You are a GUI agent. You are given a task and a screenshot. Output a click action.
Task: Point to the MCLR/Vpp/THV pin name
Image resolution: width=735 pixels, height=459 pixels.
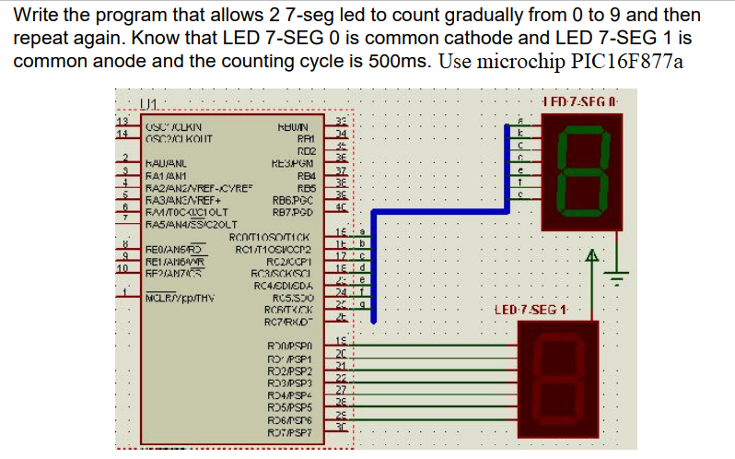click(x=181, y=297)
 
